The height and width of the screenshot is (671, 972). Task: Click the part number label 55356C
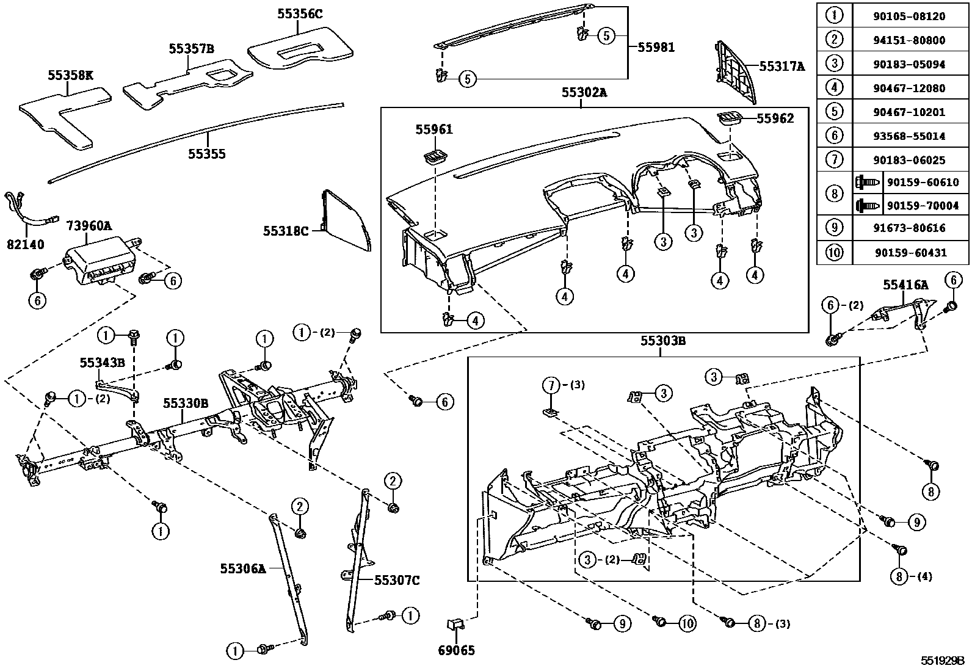[x=299, y=13]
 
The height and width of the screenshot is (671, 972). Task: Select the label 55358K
[x=71, y=75]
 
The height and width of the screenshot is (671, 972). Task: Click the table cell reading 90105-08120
[x=909, y=16]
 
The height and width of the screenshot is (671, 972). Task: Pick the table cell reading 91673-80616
[x=909, y=228]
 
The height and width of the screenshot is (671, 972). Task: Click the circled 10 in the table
[x=833, y=252]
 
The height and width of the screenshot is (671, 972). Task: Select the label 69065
[x=457, y=651]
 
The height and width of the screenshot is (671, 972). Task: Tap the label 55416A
[x=905, y=285]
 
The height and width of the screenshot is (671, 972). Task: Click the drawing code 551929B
[x=942, y=661]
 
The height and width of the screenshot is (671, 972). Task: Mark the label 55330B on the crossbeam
[x=186, y=403]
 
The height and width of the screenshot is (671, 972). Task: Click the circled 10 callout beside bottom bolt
[x=687, y=623]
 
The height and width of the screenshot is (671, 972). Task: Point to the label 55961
[x=434, y=129]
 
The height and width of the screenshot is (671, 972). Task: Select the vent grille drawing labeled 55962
[x=730, y=118]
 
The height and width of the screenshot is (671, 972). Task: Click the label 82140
[x=26, y=245]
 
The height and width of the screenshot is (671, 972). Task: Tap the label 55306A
[x=243, y=568]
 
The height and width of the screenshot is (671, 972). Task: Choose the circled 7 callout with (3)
[x=551, y=385]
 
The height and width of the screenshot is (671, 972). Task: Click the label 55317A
[x=782, y=67]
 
